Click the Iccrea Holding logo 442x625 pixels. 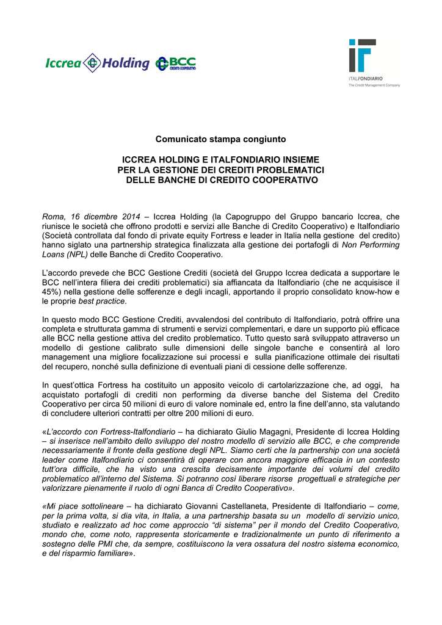pos(97,63)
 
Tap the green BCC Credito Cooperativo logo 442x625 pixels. pos(176,63)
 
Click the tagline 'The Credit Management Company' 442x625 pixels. pos(374,85)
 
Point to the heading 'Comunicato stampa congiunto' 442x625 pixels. pos(220,140)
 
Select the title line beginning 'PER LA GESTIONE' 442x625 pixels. pos(221,169)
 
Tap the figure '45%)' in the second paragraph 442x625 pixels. pos(52,292)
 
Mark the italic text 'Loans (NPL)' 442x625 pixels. pos(65,254)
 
